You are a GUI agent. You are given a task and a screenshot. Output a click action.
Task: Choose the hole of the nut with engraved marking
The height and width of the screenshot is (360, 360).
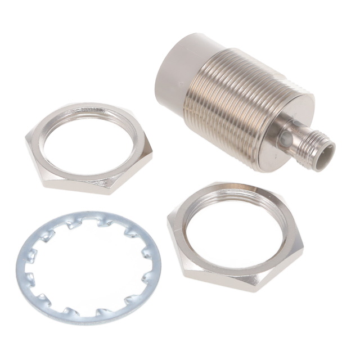point(90,143)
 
